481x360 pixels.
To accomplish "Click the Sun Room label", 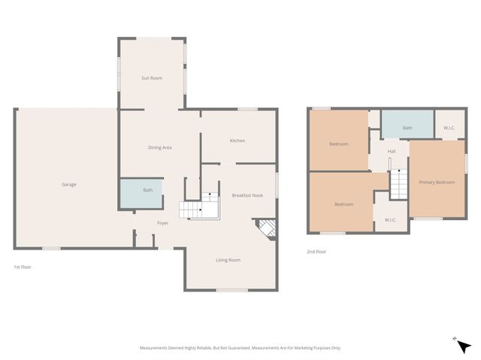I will click(152, 78).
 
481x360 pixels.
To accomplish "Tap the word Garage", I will click(69, 184).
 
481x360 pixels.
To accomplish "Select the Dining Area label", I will click(159, 147).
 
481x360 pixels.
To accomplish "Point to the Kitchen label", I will click(237, 141).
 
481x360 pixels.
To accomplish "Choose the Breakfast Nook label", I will click(247, 195).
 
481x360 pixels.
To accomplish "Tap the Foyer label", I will click(162, 223).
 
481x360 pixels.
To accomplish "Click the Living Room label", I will click(228, 260).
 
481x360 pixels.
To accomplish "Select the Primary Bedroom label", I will click(437, 182).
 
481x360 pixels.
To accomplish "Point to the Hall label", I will click(392, 152).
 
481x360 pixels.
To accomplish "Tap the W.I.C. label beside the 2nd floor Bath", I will click(449, 128).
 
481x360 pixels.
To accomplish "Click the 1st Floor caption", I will click(23, 267).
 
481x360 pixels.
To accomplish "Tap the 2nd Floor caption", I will click(316, 252).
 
